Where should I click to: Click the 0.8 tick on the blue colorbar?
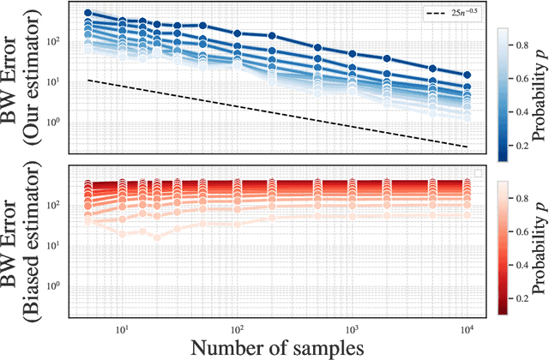pos(523,42)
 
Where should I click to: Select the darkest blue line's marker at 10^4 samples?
pos(468,75)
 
